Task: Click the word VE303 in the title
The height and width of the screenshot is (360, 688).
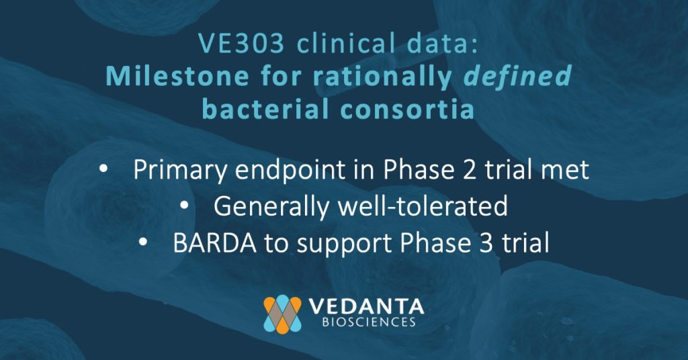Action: (241, 44)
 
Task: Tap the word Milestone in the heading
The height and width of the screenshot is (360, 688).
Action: (177, 76)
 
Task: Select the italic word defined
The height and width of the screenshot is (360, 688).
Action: (518, 75)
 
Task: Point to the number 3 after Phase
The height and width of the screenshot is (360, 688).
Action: (486, 243)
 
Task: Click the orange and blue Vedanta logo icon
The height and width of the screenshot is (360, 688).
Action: (283, 314)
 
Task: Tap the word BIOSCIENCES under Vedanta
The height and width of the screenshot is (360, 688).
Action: (369, 322)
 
